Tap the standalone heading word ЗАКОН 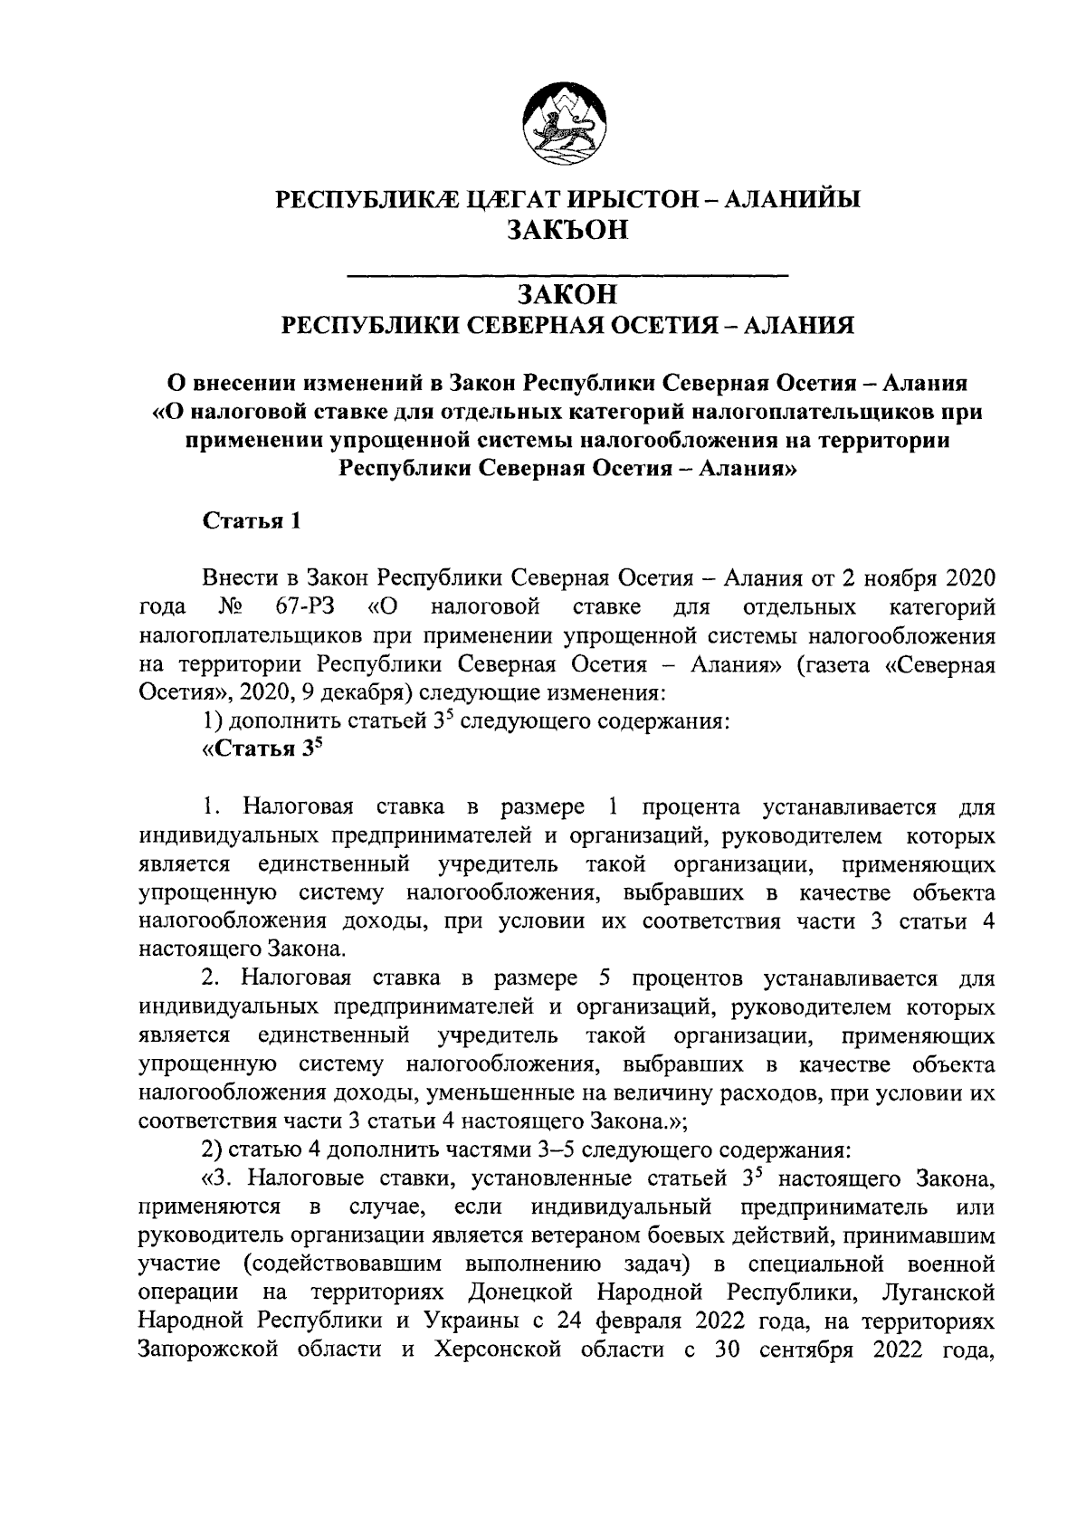pyautogui.click(x=567, y=294)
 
